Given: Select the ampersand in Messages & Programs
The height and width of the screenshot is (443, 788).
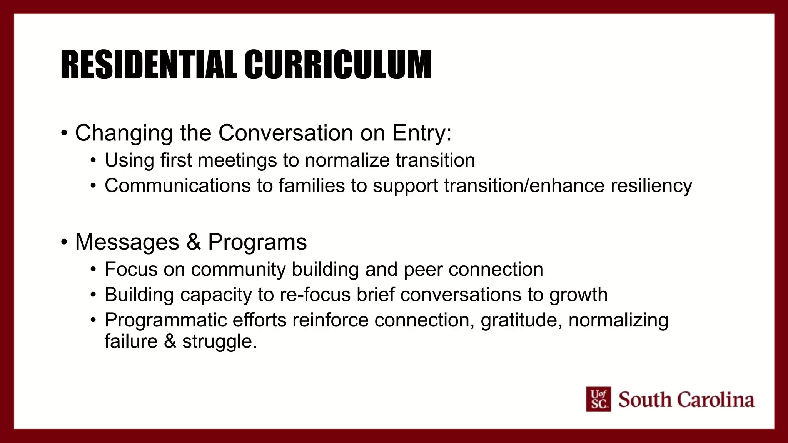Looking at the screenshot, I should tap(194, 242).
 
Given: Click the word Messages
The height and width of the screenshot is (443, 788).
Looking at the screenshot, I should tap(127, 242).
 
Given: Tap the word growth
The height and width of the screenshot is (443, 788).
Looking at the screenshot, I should tap(578, 295).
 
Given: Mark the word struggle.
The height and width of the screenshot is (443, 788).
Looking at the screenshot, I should tap(219, 341).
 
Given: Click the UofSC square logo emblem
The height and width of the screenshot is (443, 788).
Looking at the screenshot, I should tap(598, 399).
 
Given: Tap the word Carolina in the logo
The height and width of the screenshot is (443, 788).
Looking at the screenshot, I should tap(716, 400).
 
